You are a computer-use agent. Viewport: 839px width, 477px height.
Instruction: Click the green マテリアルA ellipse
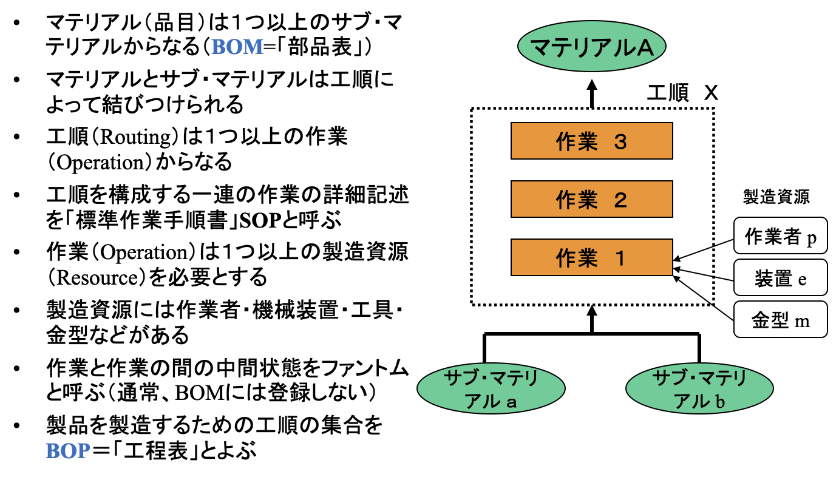point(592,47)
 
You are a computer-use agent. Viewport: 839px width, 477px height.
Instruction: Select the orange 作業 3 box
point(592,141)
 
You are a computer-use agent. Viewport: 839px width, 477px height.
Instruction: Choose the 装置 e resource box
point(780,278)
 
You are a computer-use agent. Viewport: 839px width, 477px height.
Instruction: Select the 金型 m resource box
point(780,319)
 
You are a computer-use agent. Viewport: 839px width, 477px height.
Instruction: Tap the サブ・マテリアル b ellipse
point(699,389)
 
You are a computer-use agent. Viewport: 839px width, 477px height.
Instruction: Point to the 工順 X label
point(682,93)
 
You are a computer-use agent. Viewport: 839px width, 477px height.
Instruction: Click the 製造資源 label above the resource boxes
point(776,196)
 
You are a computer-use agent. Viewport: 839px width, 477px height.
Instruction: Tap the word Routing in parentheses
point(138,137)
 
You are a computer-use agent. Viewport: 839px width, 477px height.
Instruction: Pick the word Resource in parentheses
point(88,277)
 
